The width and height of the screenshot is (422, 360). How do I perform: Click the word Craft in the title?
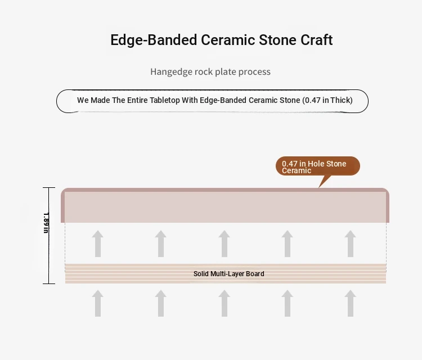(316, 40)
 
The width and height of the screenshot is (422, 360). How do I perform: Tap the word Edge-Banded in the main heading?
(154, 40)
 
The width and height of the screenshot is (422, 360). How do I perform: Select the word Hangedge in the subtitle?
(170, 72)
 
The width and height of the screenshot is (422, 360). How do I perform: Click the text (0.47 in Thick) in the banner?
(327, 100)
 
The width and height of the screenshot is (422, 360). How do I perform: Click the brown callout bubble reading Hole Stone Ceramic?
(318, 166)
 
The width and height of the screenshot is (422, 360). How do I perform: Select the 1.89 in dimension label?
(46, 223)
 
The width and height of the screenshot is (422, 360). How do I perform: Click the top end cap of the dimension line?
(49, 187)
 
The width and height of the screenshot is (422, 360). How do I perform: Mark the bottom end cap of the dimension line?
(49, 283)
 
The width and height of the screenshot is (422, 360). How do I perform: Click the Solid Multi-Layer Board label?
(229, 274)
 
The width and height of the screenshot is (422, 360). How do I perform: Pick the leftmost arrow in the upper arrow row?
(98, 244)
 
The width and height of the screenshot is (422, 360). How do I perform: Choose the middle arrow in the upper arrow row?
(224, 244)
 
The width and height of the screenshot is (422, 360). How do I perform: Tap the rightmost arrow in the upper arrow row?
(351, 244)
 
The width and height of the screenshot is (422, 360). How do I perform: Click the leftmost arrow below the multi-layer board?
(98, 303)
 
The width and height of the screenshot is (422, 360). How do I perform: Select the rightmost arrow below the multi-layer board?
(351, 303)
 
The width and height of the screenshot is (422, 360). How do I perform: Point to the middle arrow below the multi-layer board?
(224, 303)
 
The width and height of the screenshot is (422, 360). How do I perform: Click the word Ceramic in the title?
(228, 40)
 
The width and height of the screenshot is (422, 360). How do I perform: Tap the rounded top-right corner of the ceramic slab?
(387, 191)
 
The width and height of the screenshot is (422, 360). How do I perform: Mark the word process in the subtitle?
(254, 72)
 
